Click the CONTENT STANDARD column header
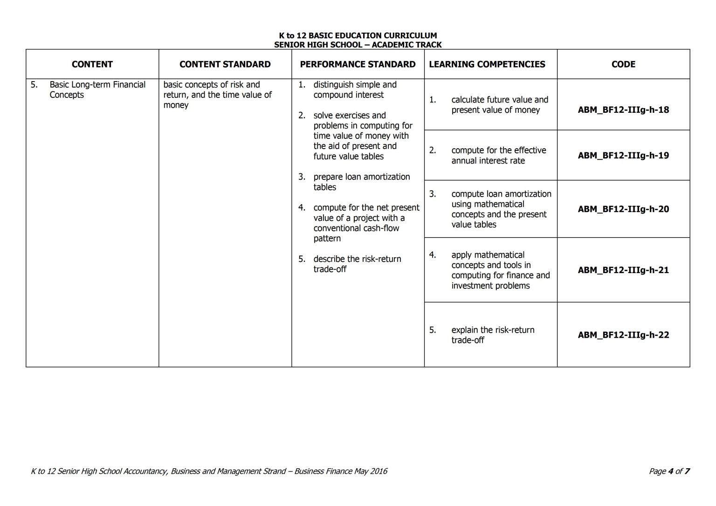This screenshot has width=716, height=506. coord(225,64)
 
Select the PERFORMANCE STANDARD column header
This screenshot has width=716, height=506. coord(358,64)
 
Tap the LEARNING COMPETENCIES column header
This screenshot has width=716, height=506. coord(487,64)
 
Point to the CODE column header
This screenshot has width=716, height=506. coord(623,64)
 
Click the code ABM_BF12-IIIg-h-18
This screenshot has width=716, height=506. coord(623,110)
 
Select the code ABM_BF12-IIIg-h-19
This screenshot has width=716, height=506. coord(623,156)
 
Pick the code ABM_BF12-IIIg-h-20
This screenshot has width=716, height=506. coord(623,209)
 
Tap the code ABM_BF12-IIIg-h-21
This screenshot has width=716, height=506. coord(623,270)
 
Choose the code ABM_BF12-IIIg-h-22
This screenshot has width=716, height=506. coord(623,335)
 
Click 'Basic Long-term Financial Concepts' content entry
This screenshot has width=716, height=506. coord(97,90)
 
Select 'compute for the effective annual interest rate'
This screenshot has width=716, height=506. coord(498,156)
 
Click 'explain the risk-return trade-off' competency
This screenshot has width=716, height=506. coord(492,335)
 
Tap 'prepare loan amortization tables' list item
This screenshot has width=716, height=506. coord(361,182)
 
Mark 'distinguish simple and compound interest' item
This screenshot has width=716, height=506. coord(354,90)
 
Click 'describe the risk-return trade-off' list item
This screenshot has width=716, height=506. coord(357,264)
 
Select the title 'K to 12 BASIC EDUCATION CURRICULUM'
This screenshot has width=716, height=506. coord(358,35)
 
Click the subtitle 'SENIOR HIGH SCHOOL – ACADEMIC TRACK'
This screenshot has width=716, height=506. coord(358,45)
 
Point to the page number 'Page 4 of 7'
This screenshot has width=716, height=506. coord(669,471)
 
